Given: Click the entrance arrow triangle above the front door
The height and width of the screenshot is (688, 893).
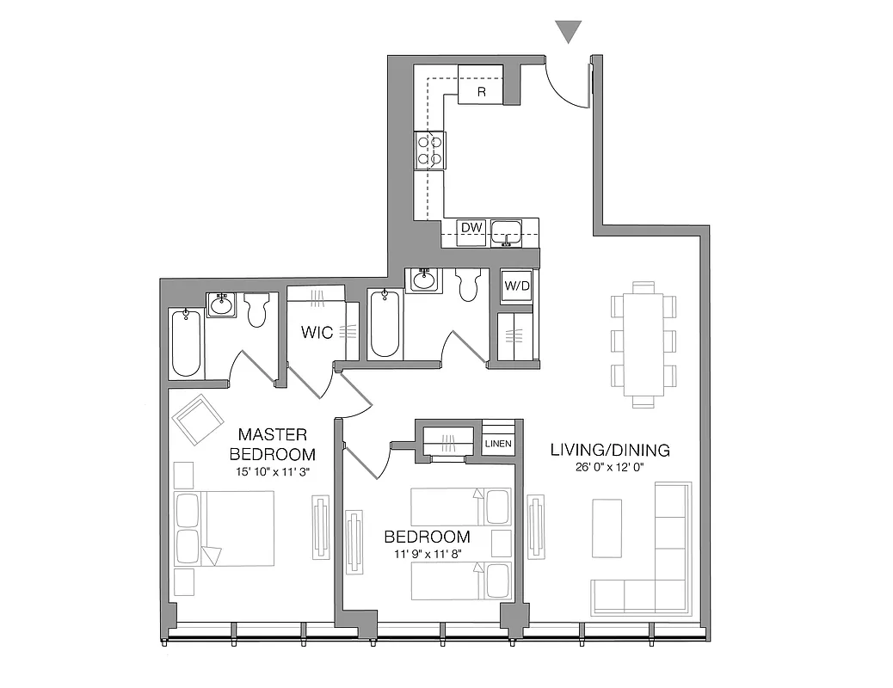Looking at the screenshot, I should pyautogui.click(x=569, y=32).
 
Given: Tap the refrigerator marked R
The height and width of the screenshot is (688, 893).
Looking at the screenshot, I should pyautogui.click(x=480, y=85).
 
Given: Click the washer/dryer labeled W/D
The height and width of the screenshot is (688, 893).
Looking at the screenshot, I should pyautogui.click(x=515, y=285).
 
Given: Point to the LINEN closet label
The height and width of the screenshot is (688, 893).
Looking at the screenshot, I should pyautogui.click(x=498, y=444).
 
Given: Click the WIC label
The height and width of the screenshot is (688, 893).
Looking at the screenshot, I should pyautogui.click(x=317, y=332).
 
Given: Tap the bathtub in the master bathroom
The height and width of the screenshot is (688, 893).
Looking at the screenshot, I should pyautogui.click(x=186, y=343).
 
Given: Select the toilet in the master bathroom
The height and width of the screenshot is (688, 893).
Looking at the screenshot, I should pyautogui.click(x=257, y=310).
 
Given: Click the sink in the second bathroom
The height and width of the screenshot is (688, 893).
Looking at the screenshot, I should pyautogui.click(x=424, y=280).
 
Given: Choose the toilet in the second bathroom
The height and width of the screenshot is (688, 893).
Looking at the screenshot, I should pyautogui.click(x=469, y=285).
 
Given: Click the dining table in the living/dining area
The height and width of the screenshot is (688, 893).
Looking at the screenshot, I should pyautogui.click(x=643, y=344).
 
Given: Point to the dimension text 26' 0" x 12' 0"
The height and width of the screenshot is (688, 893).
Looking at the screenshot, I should pyautogui.click(x=610, y=468).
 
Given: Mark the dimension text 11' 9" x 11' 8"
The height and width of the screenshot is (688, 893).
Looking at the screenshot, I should pyautogui.click(x=428, y=555).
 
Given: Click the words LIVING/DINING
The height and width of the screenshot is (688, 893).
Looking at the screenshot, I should pyautogui.click(x=610, y=450).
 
